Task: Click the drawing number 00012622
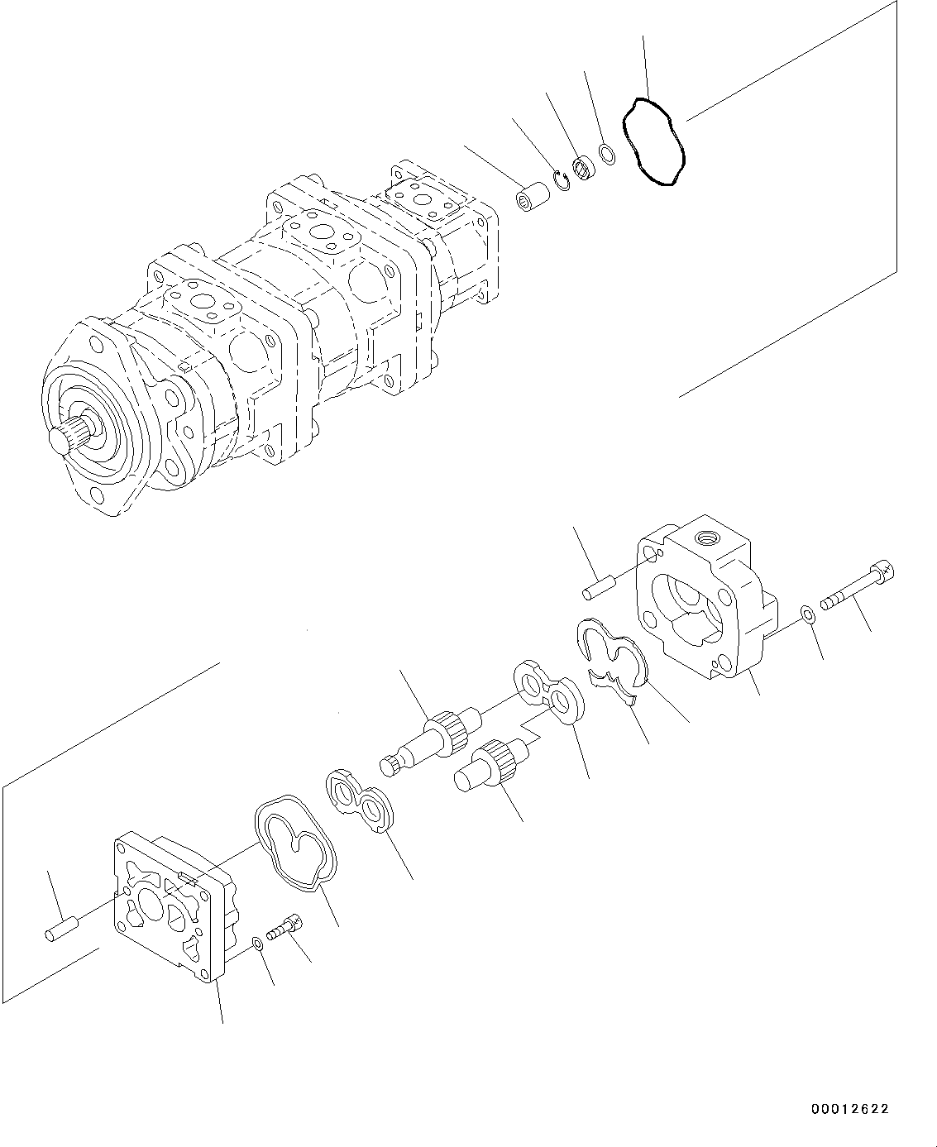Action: pyautogui.click(x=844, y=1109)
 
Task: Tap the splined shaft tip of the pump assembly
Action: pyautogui.click(x=60, y=440)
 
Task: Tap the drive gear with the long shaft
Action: pyautogui.click(x=429, y=733)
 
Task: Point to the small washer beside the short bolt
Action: pyautogui.click(x=257, y=942)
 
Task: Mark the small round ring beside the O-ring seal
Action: pyautogui.click(x=606, y=154)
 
